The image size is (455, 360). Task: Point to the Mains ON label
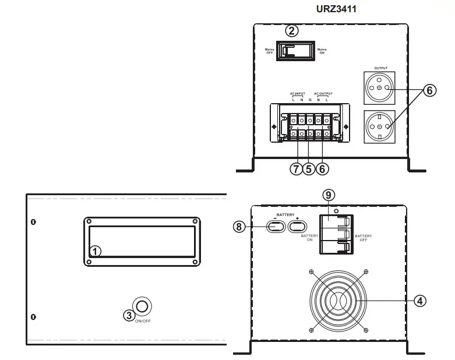[x=322, y=52]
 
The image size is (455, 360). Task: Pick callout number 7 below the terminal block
[x=296, y=168]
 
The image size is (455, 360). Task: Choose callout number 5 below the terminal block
[x=309, y=168]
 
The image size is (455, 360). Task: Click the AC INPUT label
[x=298, y=93]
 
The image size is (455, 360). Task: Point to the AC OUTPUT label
[x=323, y=93]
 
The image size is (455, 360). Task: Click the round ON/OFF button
[x=142, y=306]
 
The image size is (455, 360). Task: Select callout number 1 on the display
[x=96, y=251]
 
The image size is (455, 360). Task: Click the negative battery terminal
[x=276, y=227]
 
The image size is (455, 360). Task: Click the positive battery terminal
[x=297, y=227]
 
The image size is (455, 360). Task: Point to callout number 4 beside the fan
[x=419, y=301]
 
